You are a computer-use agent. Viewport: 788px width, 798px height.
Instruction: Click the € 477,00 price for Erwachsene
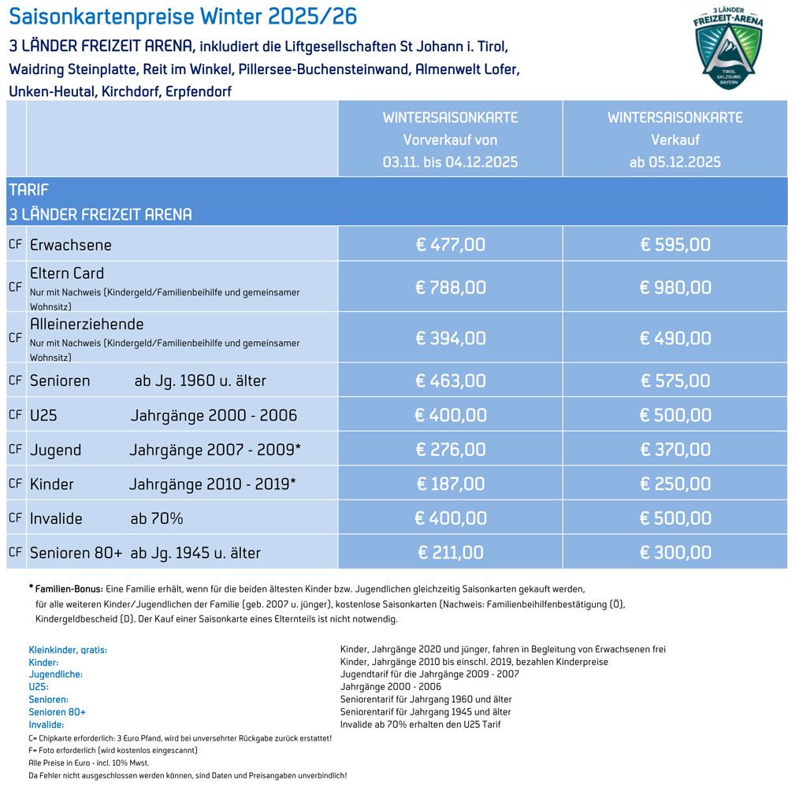451,244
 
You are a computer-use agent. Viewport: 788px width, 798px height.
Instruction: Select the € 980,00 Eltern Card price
675,287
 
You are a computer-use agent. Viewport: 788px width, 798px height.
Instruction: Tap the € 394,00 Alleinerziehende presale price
451,338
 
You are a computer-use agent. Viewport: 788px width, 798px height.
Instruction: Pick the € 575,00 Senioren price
675,380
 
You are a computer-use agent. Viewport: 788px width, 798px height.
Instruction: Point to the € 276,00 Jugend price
451,450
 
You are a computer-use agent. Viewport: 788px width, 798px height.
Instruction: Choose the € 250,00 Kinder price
675,484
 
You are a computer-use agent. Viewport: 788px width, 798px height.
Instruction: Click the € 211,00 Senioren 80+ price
450,552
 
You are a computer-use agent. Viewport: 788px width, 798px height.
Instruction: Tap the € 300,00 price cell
675,552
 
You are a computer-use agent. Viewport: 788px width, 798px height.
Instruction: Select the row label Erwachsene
71,245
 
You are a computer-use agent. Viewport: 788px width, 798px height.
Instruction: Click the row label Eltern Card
67,273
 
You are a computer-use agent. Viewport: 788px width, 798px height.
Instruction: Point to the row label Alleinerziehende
87,324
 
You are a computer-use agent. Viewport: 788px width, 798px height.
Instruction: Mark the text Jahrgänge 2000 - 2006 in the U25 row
214,415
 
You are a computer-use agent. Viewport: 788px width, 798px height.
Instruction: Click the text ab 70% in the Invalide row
157,518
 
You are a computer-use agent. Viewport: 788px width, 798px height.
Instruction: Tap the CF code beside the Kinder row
16,483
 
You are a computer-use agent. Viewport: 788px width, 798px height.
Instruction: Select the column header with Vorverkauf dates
450,139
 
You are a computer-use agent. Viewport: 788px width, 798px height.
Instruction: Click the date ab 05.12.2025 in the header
675,162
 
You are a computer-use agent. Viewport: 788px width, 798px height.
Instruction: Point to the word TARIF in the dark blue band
29,190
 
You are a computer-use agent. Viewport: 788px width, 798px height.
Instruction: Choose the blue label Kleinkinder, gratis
68,650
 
